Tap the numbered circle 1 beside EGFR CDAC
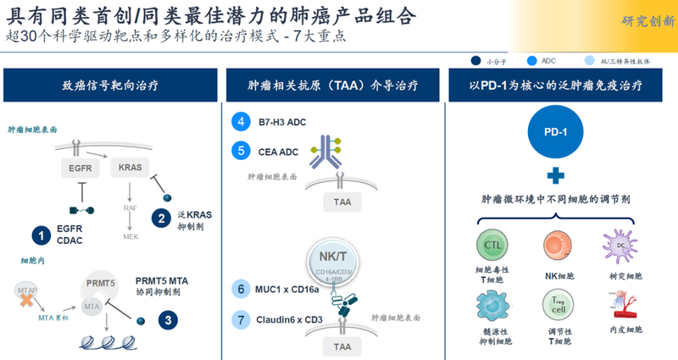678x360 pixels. [x=40, y=235]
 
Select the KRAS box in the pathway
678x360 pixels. [x=131, y=168]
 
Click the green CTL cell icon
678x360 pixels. [x=492, y=245]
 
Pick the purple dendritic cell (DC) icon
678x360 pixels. [x=618, y=245]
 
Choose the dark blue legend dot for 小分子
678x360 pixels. [x=475, y=61]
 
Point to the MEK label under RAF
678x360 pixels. [x=131, y=236]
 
